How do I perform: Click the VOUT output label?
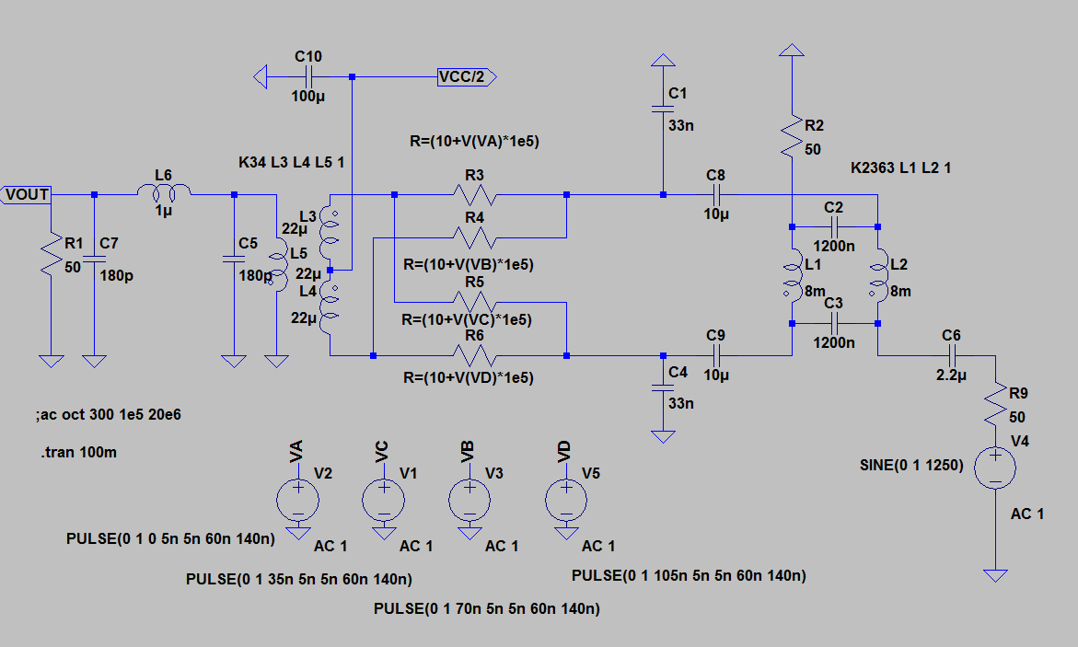(27, 194)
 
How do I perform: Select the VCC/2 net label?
(467, 77)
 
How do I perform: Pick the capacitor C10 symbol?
(309, 77)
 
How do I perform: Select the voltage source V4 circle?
(995, 466)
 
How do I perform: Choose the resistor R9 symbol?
(995, 404)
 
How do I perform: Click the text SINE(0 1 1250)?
(910, 466)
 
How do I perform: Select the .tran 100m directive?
(80, 452)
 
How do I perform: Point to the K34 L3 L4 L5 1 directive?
(291, 163)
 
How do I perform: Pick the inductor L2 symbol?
(878, 276)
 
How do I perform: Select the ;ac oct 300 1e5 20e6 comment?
(108, 414)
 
